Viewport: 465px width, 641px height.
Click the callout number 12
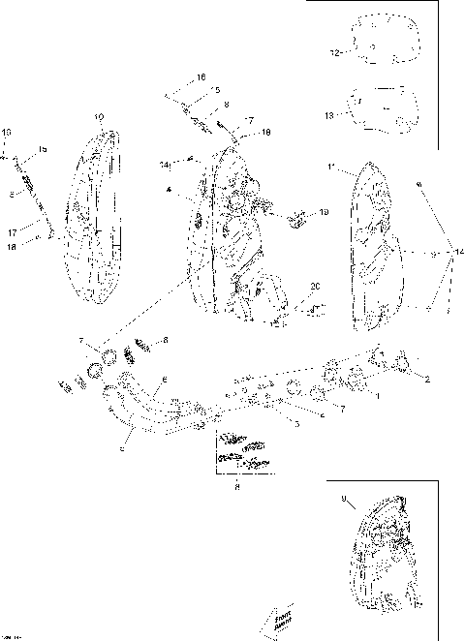click(x=335, y=54)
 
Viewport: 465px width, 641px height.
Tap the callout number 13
click(x=329, y=115)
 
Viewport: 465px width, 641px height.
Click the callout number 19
click(x=324, y=211)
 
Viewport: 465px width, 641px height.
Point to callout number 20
click(x=314, y=287)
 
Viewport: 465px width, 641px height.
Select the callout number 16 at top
click(x=201, y=76)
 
